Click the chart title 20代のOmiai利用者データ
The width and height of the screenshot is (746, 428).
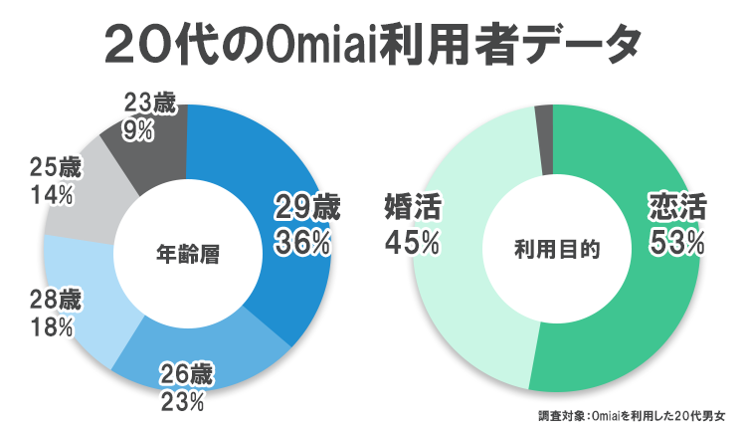point(373,44)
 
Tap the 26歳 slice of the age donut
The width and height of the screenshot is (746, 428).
point(199,353)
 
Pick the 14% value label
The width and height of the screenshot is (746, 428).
point(52,196)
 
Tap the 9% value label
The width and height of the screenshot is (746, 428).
point(139,128)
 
